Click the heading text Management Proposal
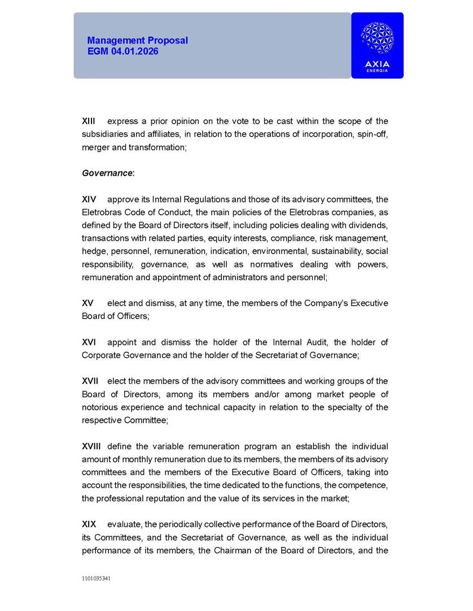[137, 41]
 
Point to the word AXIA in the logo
[377, 64]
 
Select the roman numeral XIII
[89, 121]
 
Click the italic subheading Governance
[107, 173]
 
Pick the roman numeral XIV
[89, 199]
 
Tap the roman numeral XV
[87, 303]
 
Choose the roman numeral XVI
[89, 342]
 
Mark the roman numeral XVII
[90, 381]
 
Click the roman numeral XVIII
[92, 446]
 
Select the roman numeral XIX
[89, 524]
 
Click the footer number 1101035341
[96, 578]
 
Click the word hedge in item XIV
[94, 251]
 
